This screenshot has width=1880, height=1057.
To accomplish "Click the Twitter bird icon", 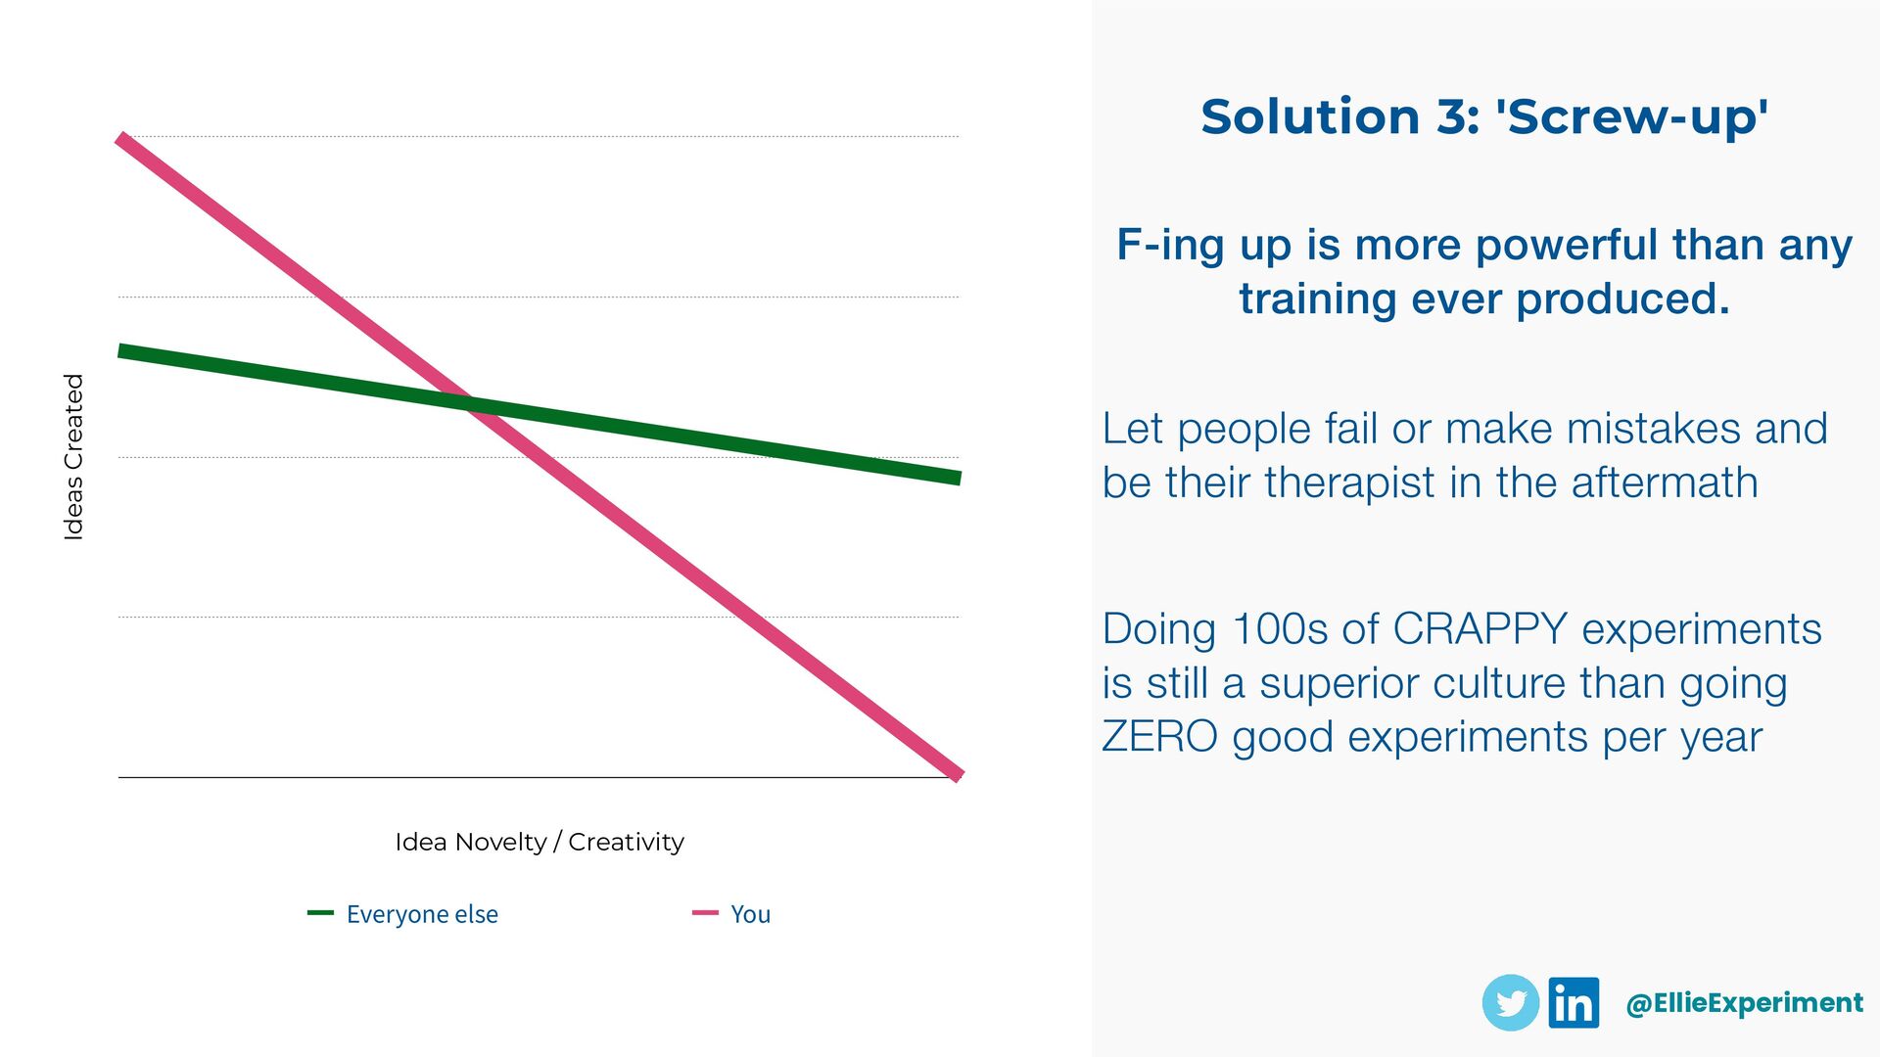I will click(x=1511, y=1003).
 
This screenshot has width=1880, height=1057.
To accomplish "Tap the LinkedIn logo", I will click(x=1574, y=1003).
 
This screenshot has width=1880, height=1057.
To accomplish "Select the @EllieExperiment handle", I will click(x=1744, y=1003).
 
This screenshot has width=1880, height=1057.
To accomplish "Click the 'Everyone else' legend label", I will click(x=422, y=914).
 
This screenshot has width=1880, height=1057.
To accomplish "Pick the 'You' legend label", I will click(x=750, y=914).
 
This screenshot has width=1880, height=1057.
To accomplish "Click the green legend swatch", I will click(x=320, y=913).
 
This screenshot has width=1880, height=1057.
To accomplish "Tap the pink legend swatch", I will click(x=705, y=913).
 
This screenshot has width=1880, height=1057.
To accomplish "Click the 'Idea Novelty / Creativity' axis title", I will click(x=540, y=842).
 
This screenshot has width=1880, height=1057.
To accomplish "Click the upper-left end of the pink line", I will click(x=122, y=140).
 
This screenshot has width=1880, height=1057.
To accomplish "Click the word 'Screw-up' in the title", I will click(x=1631, y=117).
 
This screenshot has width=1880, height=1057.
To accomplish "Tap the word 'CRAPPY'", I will click(x=1480, y=629).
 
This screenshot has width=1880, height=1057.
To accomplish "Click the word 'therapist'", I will click(x=1352, y=483).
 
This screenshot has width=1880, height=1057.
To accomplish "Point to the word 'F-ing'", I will click(x=1170, y=245).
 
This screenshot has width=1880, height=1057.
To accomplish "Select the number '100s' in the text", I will click(x=1281, y=629).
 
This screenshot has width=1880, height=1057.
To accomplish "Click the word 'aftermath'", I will click(x=1665, y=483).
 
